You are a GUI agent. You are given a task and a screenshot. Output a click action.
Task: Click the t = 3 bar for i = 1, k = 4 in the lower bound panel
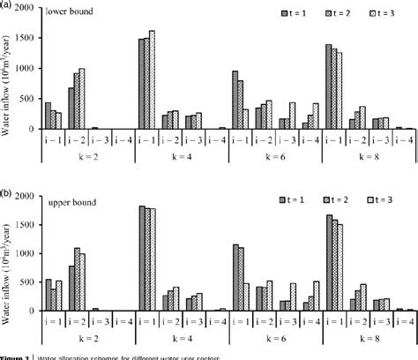click(152, 79)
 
